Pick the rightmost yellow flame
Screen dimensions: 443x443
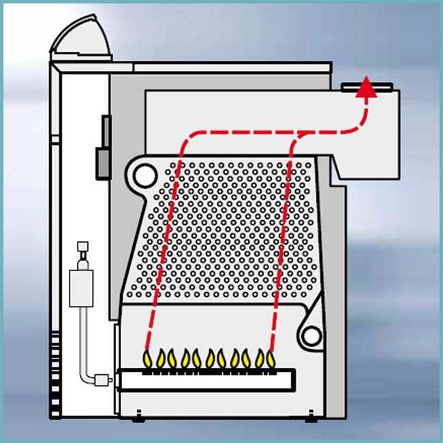[272, 357]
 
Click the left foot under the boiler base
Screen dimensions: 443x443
[139, 413]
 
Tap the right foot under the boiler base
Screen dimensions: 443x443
[312, 413]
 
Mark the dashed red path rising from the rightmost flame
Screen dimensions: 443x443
[281, 259]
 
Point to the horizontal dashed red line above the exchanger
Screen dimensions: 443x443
[239, 134]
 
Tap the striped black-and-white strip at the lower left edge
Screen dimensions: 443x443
[55, 382]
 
